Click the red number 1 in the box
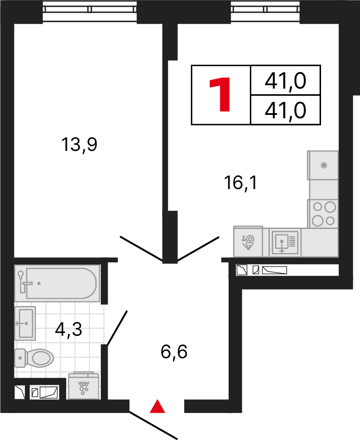[221, 95]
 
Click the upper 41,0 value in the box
[285, 81]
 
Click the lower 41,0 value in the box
[285, 111]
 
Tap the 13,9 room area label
[80, 145]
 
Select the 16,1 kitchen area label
[240, 183]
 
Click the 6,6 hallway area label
[174, 351]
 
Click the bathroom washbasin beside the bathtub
[25, 323]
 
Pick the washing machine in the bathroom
[84, 386]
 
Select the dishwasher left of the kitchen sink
[248, 242]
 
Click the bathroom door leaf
[117, 328]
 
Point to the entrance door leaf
[153, 425]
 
